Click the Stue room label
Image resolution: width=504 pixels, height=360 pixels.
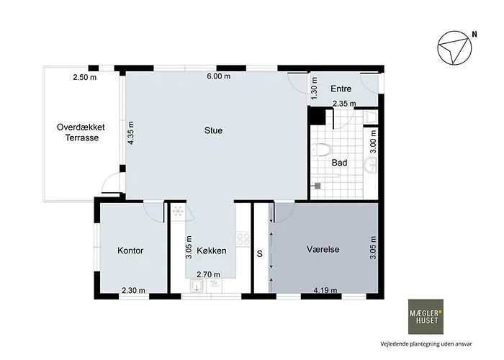(213, 130)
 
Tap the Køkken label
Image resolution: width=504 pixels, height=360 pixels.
(212, 251)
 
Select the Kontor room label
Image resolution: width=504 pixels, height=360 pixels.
(130, 251)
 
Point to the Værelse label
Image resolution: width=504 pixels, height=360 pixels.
(323, 249)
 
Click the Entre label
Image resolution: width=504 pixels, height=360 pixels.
(341, 89)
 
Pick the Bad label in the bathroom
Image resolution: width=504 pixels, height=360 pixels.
(339, 163)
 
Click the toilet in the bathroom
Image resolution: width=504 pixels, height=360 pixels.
(321, 150)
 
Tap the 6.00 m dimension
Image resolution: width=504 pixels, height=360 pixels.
(219, 76)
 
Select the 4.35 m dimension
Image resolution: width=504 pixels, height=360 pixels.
(130, 132)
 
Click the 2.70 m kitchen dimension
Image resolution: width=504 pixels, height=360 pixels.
(208, 274)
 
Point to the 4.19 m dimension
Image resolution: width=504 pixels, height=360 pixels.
(325, 291)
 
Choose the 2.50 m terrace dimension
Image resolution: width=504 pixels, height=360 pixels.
(84, 78)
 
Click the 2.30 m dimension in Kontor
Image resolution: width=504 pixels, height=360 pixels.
(133, 291)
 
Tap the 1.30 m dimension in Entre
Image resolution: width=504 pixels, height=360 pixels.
(315, 88)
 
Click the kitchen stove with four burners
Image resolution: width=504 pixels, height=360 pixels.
(243, 239)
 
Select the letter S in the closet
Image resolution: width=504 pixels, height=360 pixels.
(260, 254)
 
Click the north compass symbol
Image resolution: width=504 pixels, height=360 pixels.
(454, 48)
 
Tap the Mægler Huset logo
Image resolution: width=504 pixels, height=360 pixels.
(426, 317)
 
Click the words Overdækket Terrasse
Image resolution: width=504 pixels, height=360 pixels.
(81, 132)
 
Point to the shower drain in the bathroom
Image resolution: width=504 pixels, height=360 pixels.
(318, 186)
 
